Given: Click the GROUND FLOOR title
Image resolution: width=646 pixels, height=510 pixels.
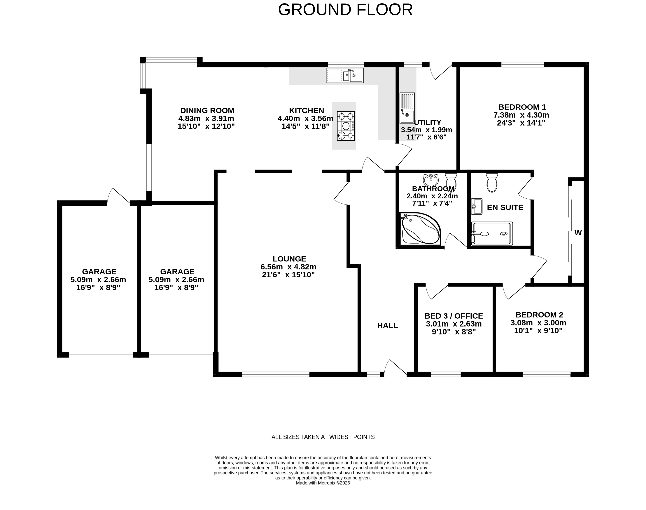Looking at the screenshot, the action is (345, 10).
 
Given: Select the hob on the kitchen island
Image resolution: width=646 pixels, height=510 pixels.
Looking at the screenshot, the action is (346, 126).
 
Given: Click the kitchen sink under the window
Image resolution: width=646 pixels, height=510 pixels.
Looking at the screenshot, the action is (344, 75).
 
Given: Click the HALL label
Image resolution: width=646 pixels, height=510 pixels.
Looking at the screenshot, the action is (387, 325).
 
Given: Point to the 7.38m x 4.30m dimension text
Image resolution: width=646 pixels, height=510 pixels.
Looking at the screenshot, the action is (521, 115).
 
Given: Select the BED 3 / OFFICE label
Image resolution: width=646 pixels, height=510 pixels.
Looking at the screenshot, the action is (454, 316).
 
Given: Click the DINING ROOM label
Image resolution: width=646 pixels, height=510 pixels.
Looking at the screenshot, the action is (207, 110).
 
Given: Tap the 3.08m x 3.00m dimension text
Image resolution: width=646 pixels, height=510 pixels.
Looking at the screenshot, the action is (538, 323).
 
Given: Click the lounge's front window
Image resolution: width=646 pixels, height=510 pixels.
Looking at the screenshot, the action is (276, 374).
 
